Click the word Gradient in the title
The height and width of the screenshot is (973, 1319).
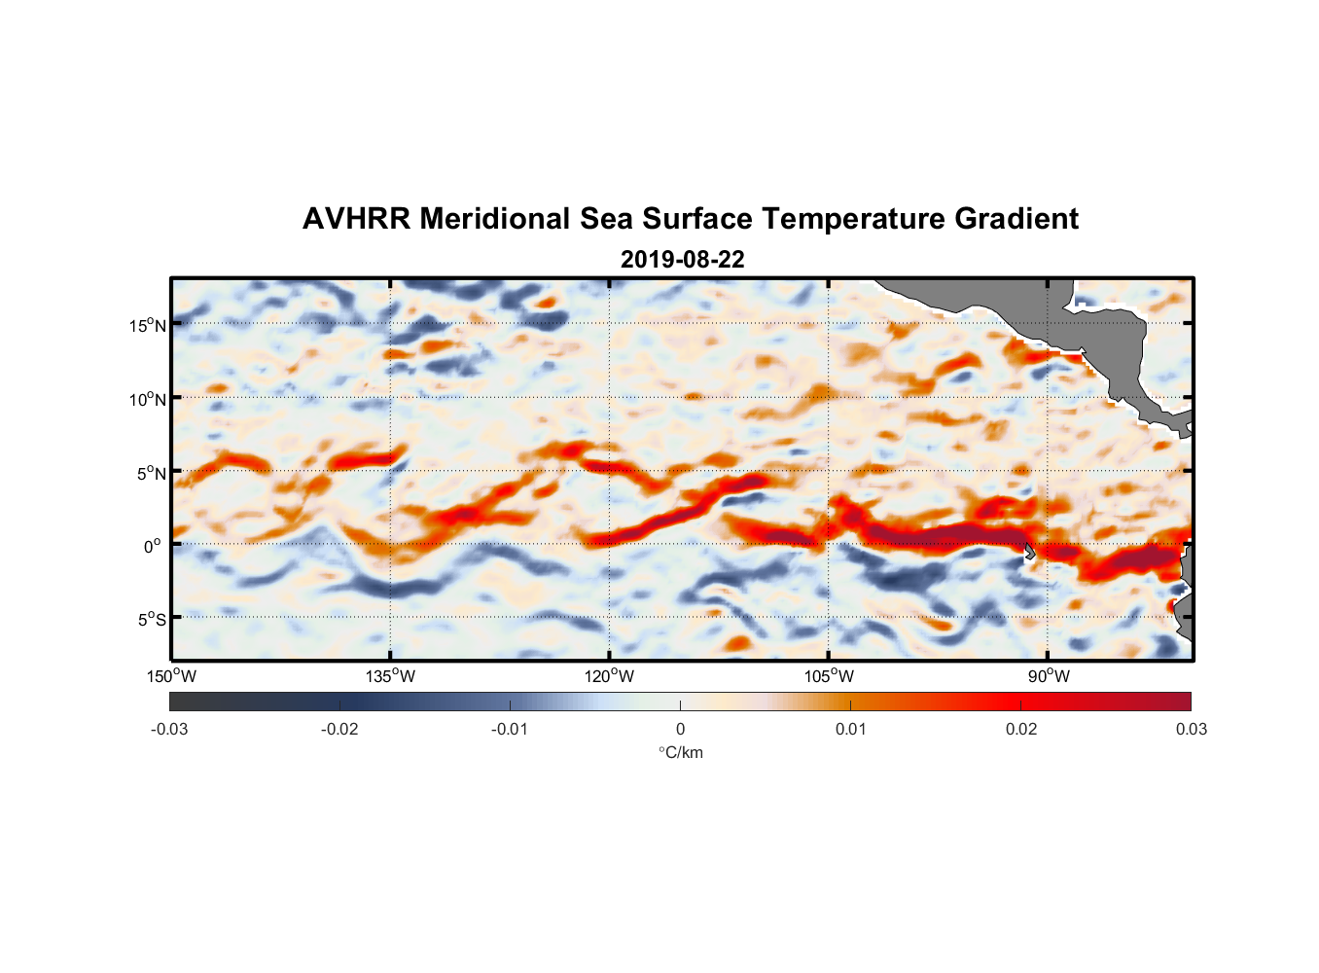pyautogui.click(x=1016, y=219)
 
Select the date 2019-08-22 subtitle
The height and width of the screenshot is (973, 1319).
pyautogui.click(x=682, y=260)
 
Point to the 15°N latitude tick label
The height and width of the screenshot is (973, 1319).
pyautogui.click(x=148, y=325)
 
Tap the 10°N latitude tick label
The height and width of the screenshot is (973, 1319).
pyautogui.click(x=148, y=399)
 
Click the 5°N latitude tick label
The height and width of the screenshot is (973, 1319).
pyautogui.click(x=151, y=473)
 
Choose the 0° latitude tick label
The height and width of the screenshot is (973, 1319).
pyautogui.click(x=153, y=546)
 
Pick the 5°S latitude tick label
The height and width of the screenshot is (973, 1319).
pyautogui.click(x=151, y=620)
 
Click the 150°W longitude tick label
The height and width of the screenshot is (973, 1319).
pyautogui.click(x=172, y=676)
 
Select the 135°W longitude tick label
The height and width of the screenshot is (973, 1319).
pyautogui.click(x=391, y=676)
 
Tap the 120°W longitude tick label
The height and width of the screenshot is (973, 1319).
pyautogui.click(x=610, y=676)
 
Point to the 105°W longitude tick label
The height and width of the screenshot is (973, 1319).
pyautogui.click(x=829, y=676)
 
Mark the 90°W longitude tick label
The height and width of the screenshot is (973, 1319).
pyautogui.click(x=1049, y=676)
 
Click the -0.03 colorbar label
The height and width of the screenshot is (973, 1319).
pyautogui.click(x=169, y=729)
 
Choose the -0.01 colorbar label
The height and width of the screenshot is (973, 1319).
pyautogui.click(x=510, y=729)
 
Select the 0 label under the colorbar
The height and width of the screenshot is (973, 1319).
pyautogui.click(x=680, y=729)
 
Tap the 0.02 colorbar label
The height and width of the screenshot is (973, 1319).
pyautogui.click(x=1021, y=729)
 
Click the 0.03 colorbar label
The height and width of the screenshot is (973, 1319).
pyautogui.click(x=1191, y=729)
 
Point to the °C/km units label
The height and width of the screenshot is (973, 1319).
pyautogui.click(x=681, y=752)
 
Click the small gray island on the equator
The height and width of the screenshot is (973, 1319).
pyautogui.click(x=1029, y=551)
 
